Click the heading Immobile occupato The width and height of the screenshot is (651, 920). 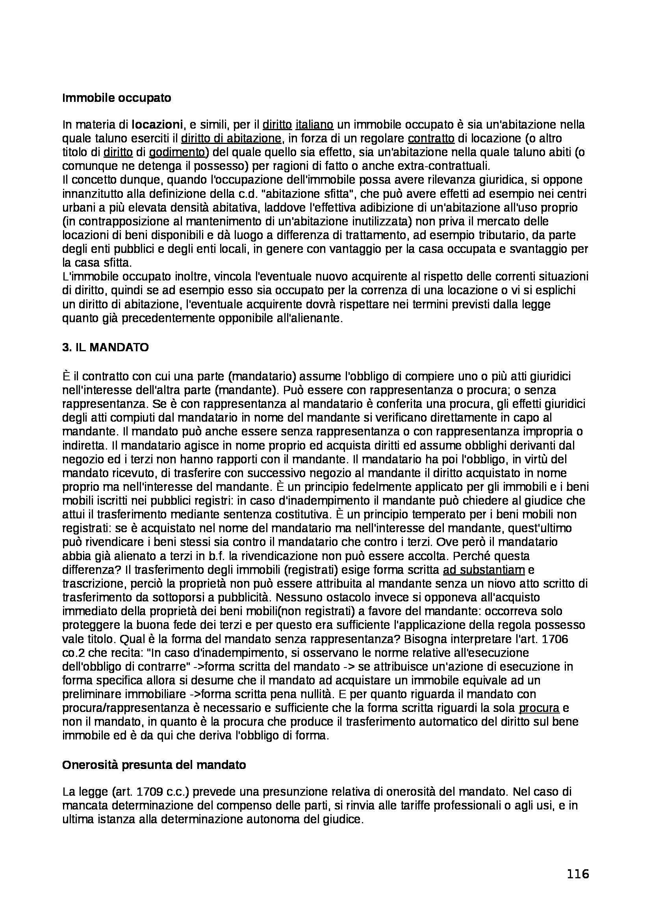coord(117,98)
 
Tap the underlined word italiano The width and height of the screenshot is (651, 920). coord(314,125)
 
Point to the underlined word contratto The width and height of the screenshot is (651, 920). coord(431,138)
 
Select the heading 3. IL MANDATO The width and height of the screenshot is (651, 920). coord(106,347)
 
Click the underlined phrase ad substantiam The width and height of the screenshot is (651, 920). coord(484,570)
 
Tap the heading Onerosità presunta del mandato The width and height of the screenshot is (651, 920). coord(154,765)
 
